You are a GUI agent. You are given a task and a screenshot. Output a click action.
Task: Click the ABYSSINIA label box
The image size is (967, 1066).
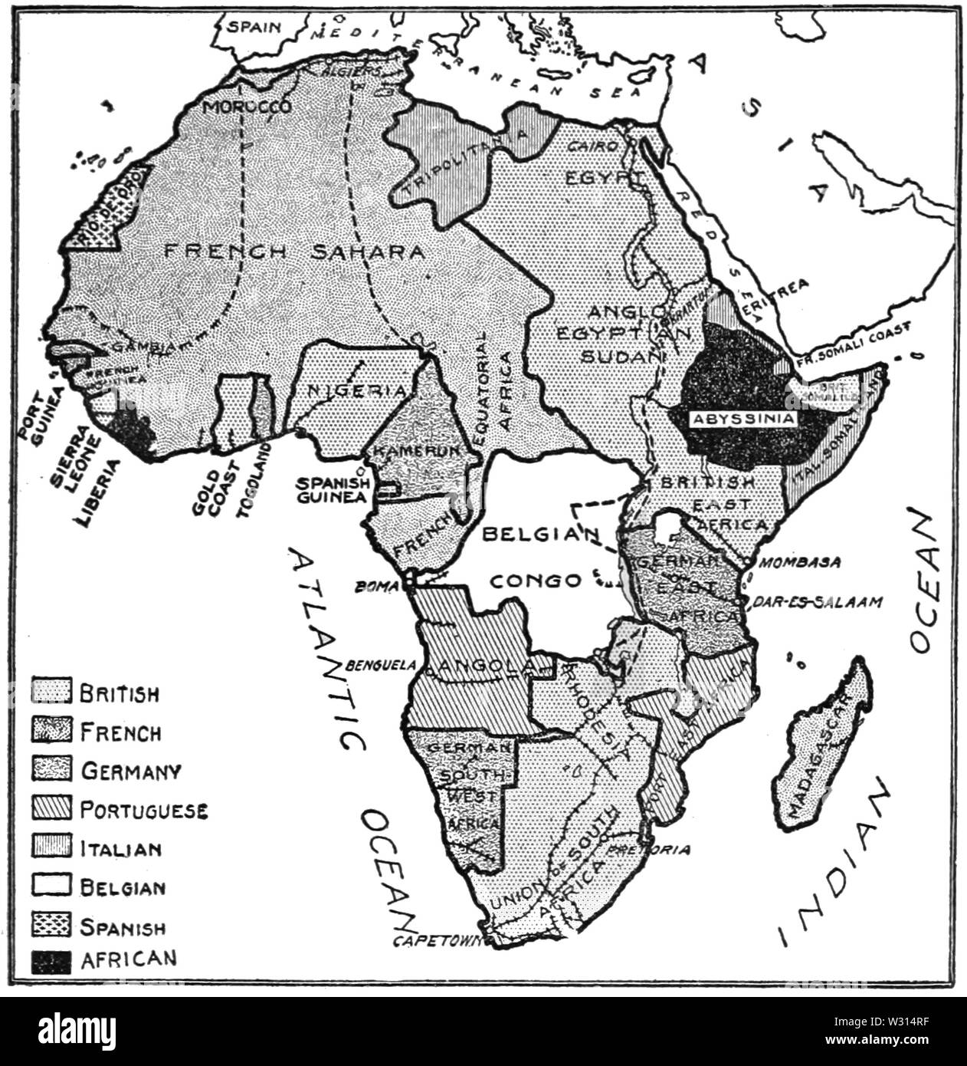[743, 419]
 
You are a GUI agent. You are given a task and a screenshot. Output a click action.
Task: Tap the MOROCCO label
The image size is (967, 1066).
[247, 107]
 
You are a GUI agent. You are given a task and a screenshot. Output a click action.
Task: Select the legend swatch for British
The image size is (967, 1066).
[51, 693]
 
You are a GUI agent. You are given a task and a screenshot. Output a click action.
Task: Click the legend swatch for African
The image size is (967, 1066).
[51, 960]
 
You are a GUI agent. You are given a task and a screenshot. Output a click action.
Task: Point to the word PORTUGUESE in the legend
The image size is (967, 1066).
[143, 810]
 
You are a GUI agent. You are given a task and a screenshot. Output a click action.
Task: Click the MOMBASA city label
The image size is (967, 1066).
[801, 562]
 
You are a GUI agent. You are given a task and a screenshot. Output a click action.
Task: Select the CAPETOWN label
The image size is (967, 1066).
[433, 941]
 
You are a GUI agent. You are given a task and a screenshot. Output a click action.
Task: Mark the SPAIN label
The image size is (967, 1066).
[249, 25]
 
